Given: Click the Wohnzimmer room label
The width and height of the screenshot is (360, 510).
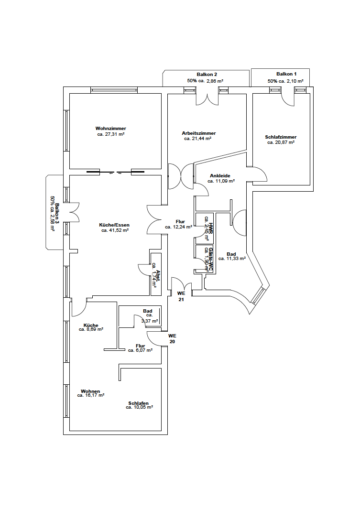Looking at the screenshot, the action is [110, 129].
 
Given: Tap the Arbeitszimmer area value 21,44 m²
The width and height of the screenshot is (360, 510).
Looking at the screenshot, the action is [198, 139].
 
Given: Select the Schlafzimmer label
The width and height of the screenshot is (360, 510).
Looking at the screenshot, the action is [281, 137].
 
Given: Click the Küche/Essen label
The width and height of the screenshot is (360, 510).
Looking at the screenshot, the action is [114, 225].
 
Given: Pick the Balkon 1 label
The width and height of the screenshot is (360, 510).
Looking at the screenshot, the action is [286, 74].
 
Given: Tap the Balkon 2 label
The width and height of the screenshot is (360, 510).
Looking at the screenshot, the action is [207, 75].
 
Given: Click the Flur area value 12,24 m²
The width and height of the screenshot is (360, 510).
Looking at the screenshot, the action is [179, 227].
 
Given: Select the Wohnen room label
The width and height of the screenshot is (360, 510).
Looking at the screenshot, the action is [90, 391].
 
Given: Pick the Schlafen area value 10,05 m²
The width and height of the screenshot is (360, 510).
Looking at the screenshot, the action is [139, 407].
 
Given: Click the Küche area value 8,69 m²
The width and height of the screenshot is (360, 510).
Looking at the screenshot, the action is [91, 329].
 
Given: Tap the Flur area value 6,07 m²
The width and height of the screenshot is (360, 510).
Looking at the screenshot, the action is [140, 350].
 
